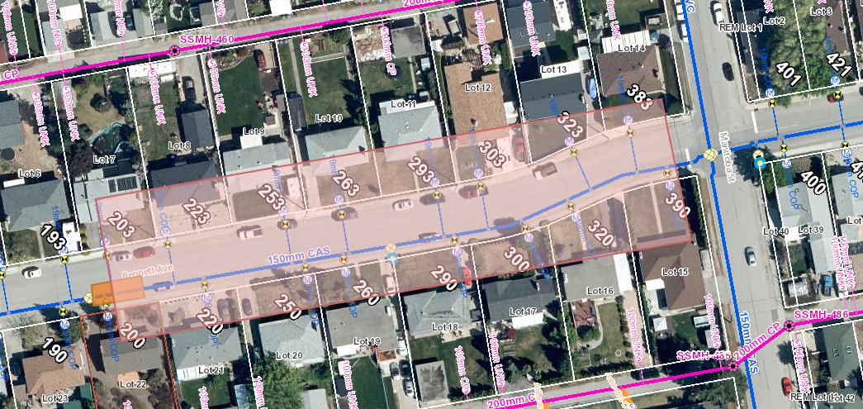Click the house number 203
pyautogui.click(x=121, y=224)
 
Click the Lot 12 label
pyautogui.click(x=477, y=88)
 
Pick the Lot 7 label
pyautogui.click(x=104, y=159)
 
